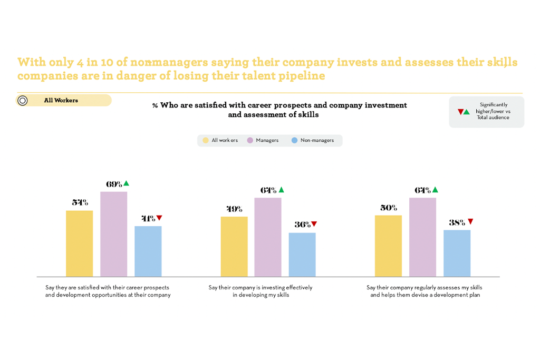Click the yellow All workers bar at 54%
click(79, 244)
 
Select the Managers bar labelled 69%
click(113, 234)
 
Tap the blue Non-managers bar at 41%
click(148, 251)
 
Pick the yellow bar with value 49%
click(234, 247)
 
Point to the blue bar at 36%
click(302, 255)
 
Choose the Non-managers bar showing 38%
click(457, 253)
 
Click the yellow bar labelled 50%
click(388, 246)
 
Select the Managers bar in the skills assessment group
click(422, 237)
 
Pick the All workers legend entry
click(220, 141)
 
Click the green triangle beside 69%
click(126, 183)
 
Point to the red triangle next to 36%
click(314, 224)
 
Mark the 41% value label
click(148, 218)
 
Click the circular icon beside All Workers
click(23, 101)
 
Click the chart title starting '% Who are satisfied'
click(279, 110)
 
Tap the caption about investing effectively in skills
click(261, 291)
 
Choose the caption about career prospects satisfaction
click(108, 291)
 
